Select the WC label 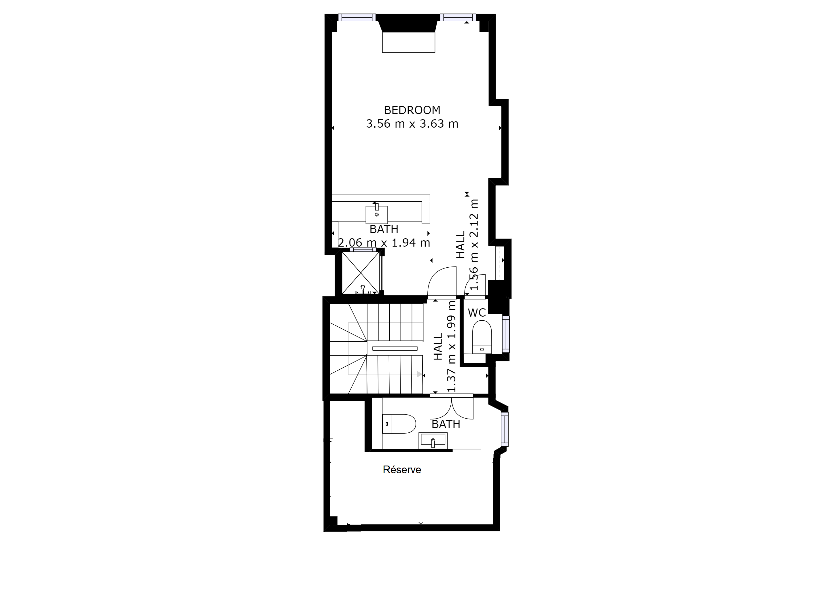477,313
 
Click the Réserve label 402,470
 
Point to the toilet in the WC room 482,337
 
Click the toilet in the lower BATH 399,423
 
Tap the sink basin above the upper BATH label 377,214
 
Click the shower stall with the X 361,273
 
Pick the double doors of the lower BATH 452,407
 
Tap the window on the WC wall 506,334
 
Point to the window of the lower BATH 505,429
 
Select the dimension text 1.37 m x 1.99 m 452,347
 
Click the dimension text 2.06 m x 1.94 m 384,243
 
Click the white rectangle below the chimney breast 409,43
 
